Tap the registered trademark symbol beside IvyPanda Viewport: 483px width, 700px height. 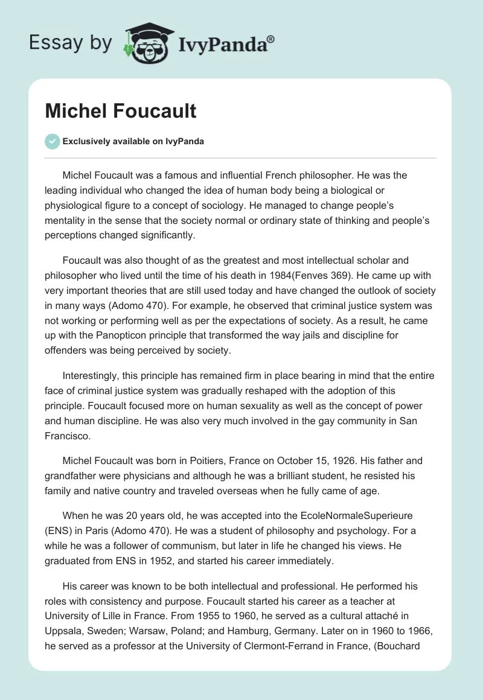point(270,38)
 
